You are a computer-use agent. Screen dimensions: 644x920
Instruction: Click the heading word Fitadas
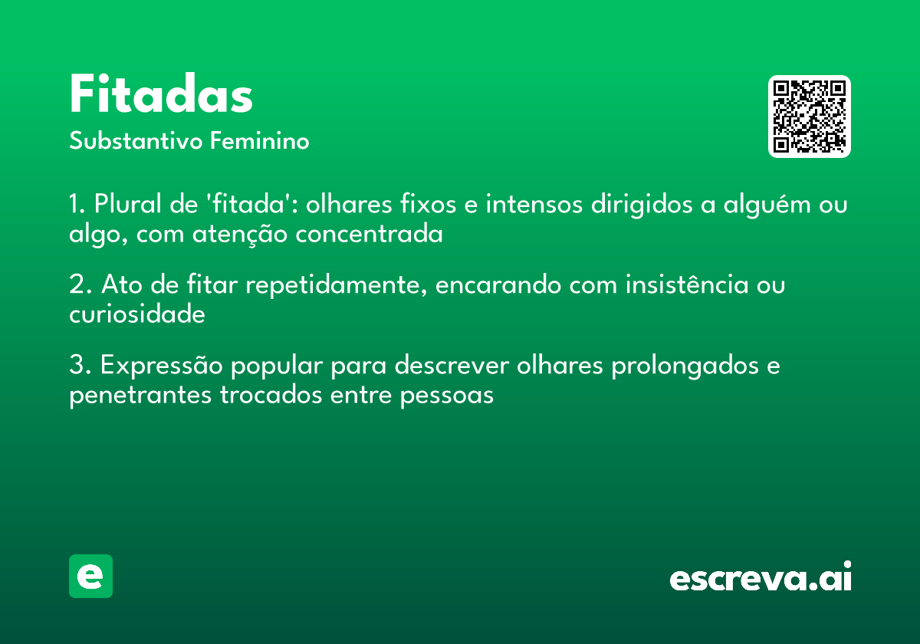(x=161, y=95)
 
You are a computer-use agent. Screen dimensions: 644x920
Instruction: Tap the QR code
(x=810, y=117)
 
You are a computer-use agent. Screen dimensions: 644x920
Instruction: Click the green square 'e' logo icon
(x=90, y=576)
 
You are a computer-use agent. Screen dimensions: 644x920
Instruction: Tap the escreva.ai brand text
(x=761, y=578)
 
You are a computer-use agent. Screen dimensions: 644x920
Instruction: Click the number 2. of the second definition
(x=78, y=285)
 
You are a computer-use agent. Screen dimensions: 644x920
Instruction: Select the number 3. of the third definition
(x=78, y=366)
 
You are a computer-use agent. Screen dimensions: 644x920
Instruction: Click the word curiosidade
(x=137, y=314)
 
